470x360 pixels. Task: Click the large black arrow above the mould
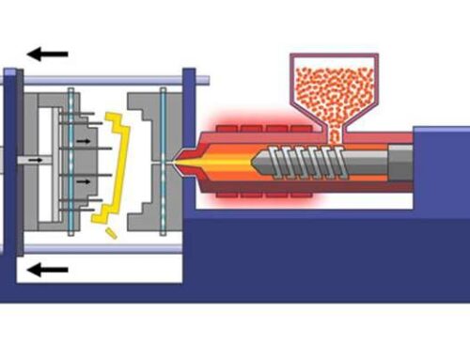47,54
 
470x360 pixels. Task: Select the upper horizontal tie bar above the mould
103,82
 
